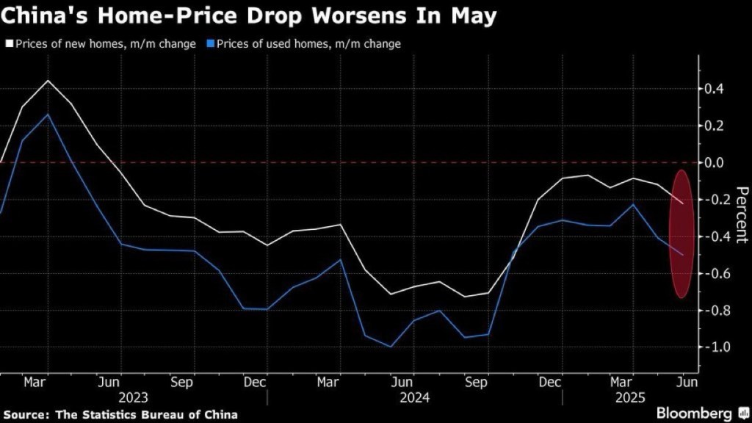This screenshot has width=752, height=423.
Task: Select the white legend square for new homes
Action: point(8,44)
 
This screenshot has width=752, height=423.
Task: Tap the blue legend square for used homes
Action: point(211,44)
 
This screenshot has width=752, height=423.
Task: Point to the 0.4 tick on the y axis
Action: point(715,89)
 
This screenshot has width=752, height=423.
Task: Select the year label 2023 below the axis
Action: point(133,397)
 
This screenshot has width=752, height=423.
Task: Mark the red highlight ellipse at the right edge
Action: point(682,234)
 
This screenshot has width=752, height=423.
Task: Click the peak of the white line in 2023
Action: point(48,81)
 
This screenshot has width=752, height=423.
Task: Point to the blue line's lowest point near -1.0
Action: point(390,347)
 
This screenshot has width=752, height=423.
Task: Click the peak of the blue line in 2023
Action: point(48,115)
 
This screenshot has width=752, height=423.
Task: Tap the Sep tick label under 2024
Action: point(477,382)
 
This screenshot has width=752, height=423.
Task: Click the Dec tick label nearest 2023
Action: point(255,382)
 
